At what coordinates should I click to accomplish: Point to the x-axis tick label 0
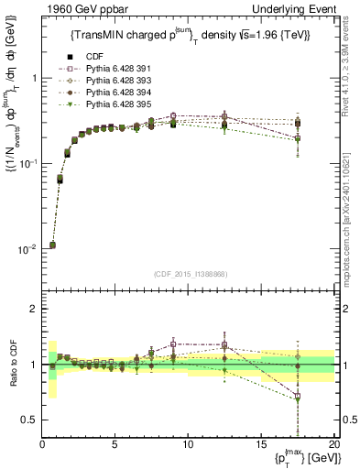coord(42,445)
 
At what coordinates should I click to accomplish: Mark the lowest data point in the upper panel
coord(52,245)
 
